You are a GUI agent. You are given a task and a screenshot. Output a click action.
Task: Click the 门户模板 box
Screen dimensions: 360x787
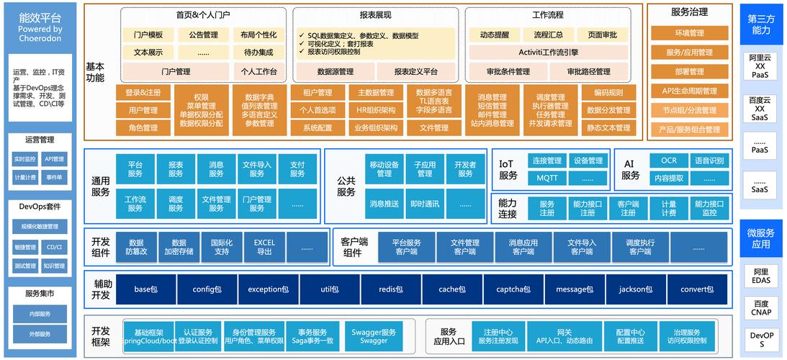[148, 35]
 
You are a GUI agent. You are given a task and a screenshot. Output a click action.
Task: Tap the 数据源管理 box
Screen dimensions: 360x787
[336, 71]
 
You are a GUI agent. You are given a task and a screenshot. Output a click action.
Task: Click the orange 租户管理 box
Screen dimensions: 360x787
[317, 93]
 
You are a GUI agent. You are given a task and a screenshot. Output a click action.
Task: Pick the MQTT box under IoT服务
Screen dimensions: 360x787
[547, 178]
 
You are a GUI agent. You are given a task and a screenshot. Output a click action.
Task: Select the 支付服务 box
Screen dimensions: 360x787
[297, 168]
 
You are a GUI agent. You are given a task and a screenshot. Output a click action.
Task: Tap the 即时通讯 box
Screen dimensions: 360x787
[425, 204]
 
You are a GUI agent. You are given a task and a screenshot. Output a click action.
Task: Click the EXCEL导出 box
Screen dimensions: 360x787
[264, 247]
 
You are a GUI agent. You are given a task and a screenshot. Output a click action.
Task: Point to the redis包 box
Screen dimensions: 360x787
[390, 289]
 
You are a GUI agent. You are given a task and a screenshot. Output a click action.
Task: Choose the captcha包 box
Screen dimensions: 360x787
[513, 289]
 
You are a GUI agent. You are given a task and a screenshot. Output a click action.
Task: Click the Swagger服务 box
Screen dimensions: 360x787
[374, 336]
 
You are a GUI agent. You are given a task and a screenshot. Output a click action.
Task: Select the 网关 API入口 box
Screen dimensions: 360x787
[564, 336]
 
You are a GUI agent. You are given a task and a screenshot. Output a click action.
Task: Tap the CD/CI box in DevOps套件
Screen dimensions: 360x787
[55, 247]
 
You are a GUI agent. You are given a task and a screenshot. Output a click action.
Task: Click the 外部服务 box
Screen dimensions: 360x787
[40, 334]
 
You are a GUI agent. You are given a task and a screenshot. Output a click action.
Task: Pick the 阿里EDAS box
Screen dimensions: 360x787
[761, 276]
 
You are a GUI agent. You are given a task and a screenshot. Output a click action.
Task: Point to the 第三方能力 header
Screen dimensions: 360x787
[761, 24]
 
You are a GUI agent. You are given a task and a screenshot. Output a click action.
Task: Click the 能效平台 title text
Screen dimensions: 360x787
[40, 17]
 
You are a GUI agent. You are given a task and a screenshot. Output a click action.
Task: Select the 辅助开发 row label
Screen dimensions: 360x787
[102, 289]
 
